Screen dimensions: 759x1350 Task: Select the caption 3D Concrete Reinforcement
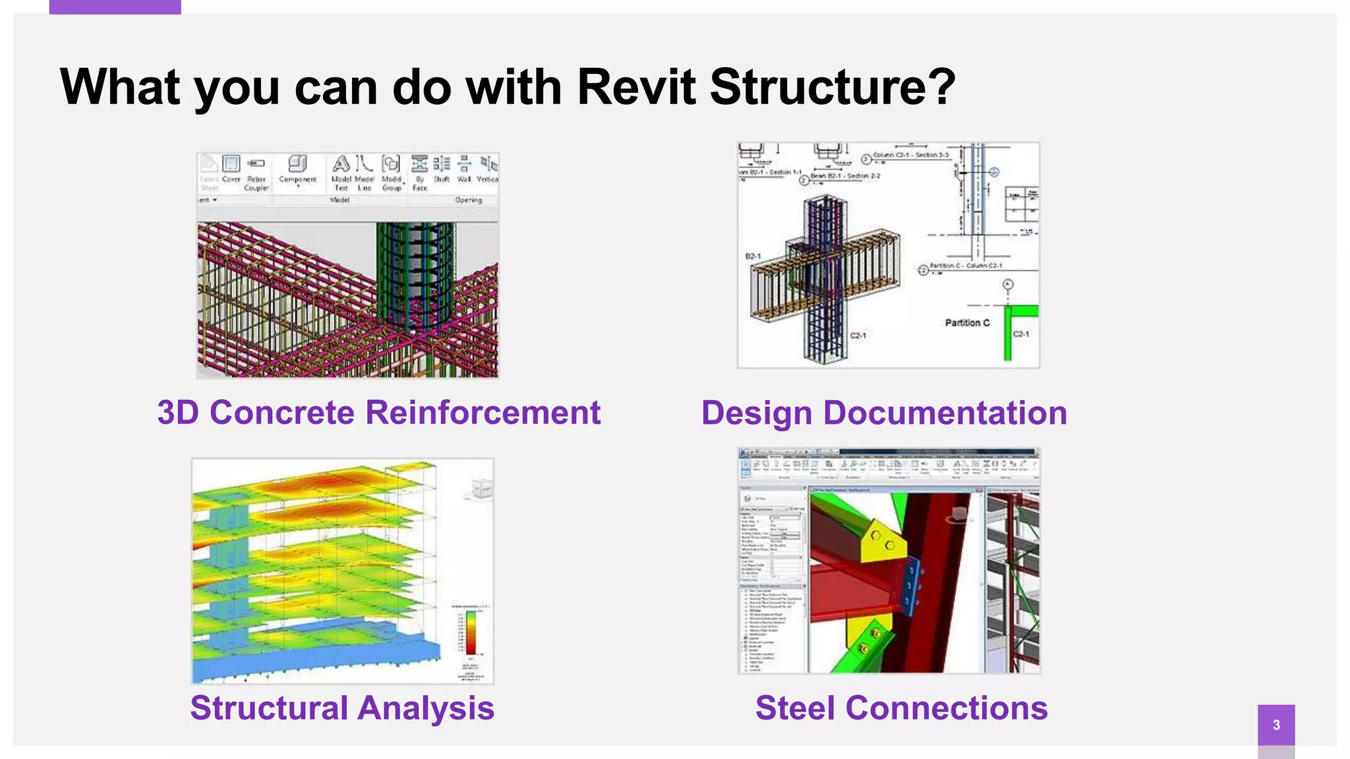tap(378, 413)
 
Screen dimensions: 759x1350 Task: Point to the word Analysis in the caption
tap(426, 708)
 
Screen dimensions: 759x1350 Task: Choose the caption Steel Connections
tap(901, 708)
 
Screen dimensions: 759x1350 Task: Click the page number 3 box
tap(1276, 725)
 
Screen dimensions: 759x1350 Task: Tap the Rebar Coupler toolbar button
tap(256, 173)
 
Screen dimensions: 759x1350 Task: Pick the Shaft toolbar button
tap(441, 169)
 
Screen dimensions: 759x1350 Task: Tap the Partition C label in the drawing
tap(967, 323)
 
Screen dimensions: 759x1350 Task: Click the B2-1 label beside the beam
tap(753, 256)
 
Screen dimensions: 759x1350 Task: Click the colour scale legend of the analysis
tap(471, 632)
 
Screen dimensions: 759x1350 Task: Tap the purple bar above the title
tap(115, 7)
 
